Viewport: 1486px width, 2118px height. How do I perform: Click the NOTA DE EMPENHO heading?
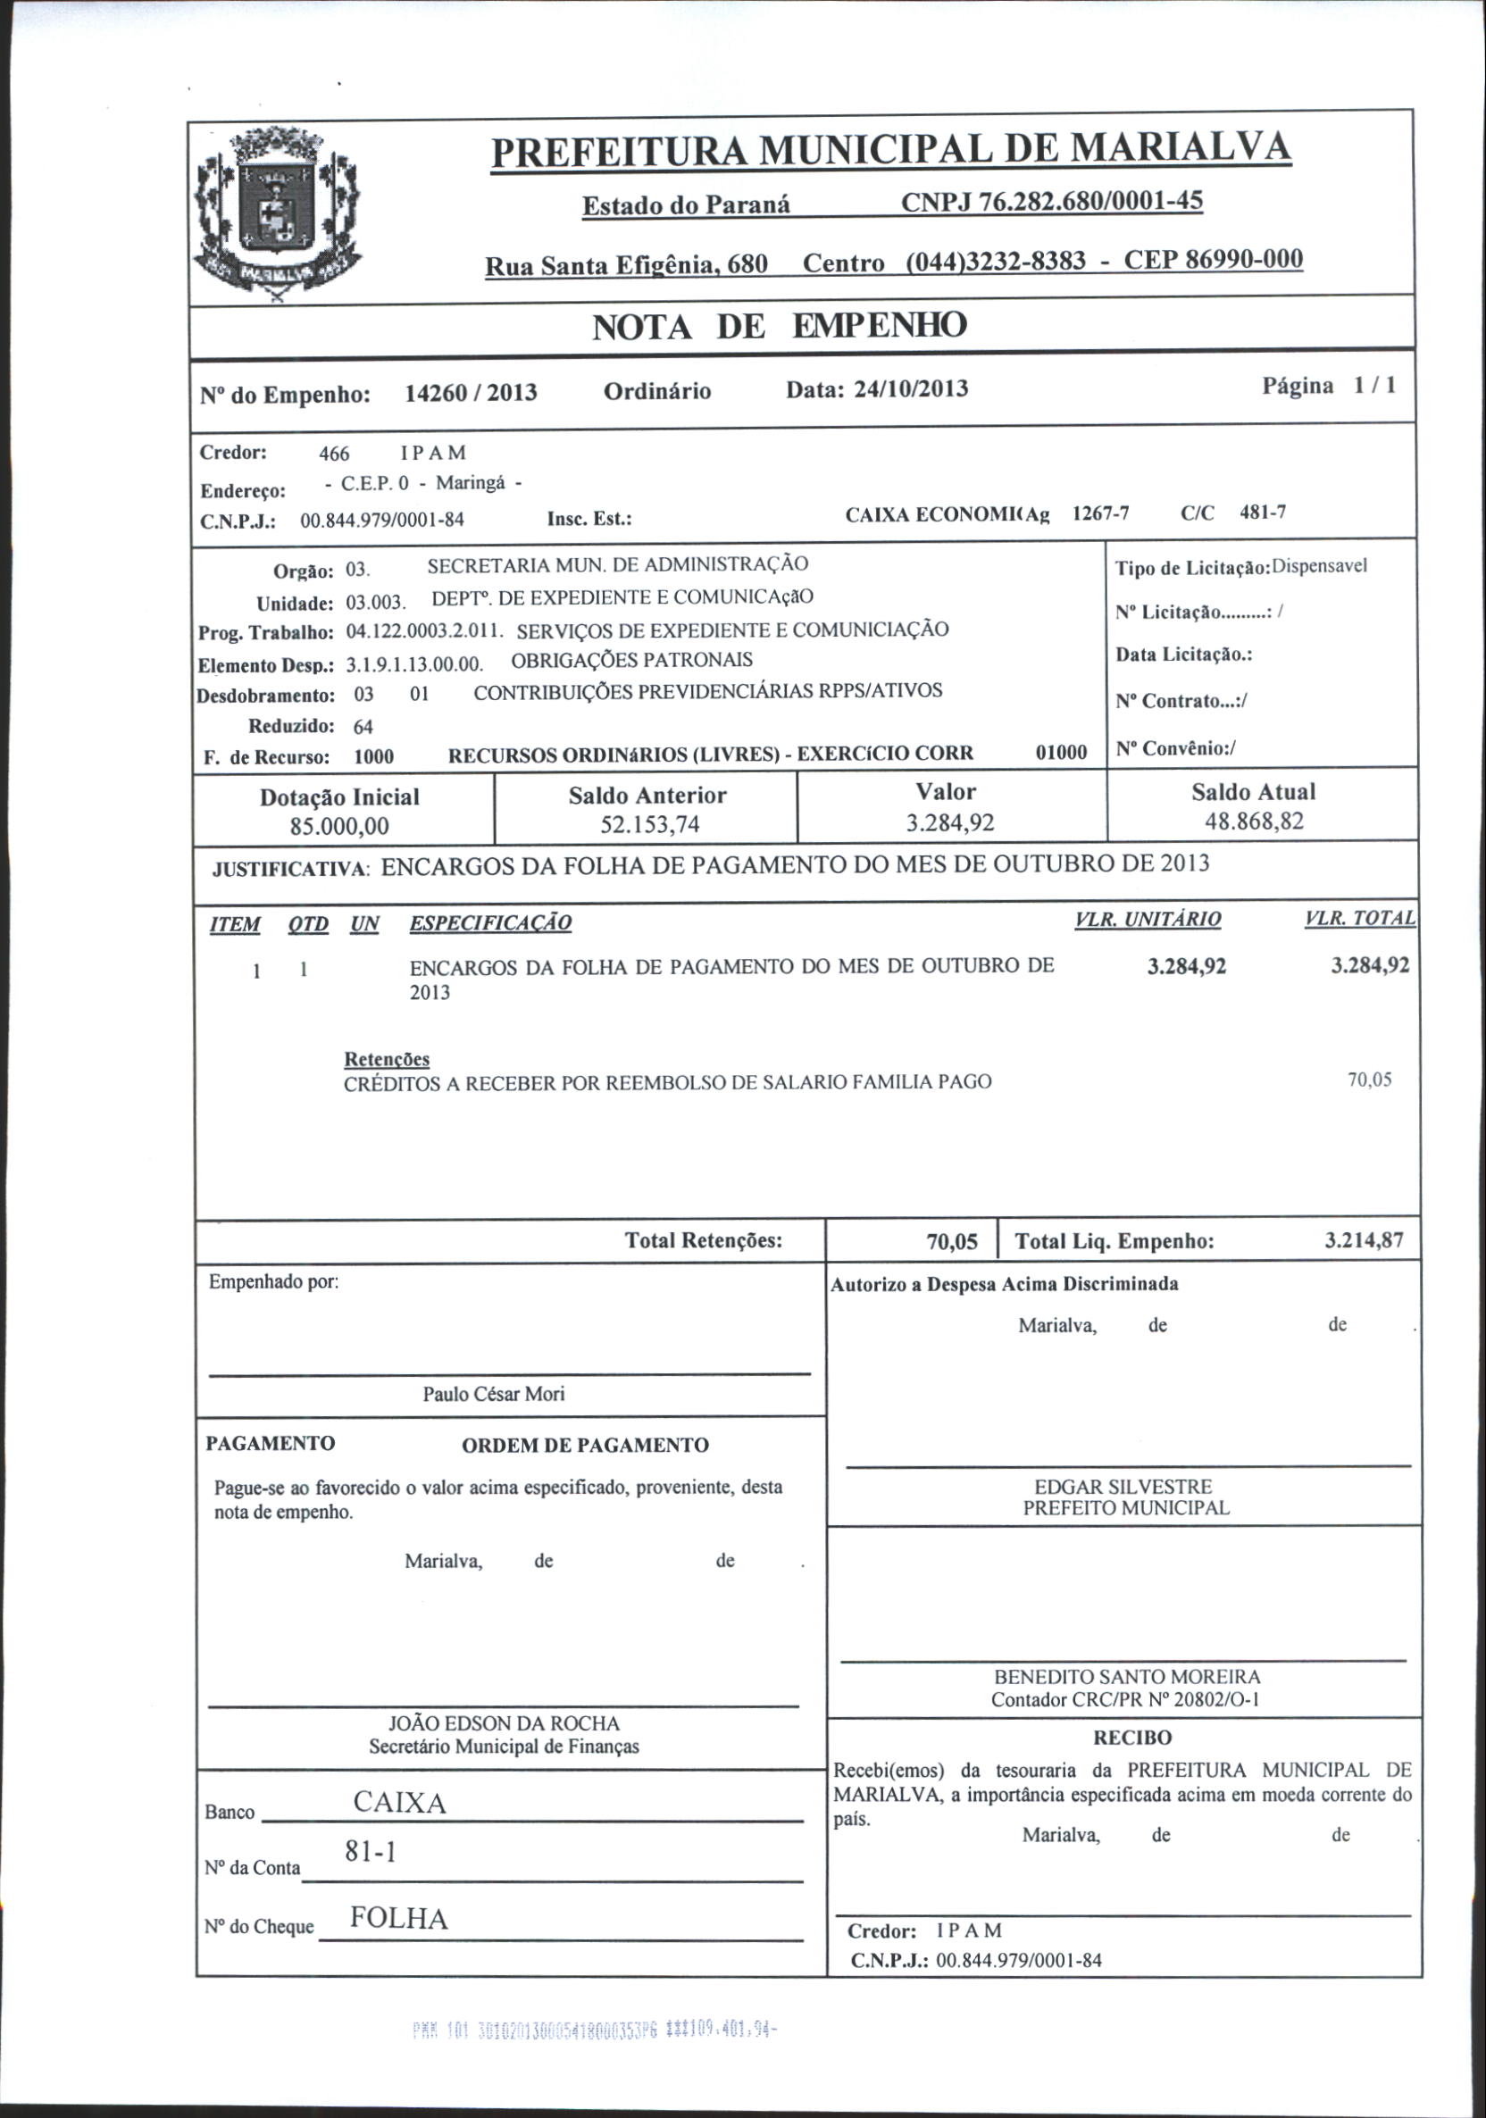(779, 327)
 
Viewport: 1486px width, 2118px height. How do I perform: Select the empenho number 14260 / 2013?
(471, 394)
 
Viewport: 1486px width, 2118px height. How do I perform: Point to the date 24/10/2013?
(910, 388)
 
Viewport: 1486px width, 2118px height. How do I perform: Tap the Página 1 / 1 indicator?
(1328, 386)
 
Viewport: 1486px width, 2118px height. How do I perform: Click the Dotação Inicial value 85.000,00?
(339, 826)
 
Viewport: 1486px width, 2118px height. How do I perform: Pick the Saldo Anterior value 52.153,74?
(649, 824)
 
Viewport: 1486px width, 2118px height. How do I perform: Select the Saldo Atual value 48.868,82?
(1254, 821)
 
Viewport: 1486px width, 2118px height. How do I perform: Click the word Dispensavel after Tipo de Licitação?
(1319, 566)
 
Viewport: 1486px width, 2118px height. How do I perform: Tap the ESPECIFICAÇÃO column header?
(489, 923)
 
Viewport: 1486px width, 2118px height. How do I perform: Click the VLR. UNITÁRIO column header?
(1148, 920)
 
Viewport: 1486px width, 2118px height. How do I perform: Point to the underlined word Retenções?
(387, 1060)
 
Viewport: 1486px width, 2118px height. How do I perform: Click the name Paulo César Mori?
(494, 1395)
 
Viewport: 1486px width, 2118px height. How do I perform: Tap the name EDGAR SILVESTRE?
(1123, 1487)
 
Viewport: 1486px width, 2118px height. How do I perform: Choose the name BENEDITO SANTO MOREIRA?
(1127, 1677)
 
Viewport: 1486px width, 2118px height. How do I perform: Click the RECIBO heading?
(1131, 1738)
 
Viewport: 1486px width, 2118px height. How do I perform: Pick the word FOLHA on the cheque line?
(398, 1919)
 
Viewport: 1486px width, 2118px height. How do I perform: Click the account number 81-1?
(370, 1851)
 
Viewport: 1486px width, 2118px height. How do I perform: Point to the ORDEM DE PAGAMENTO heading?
(585, 1446)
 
